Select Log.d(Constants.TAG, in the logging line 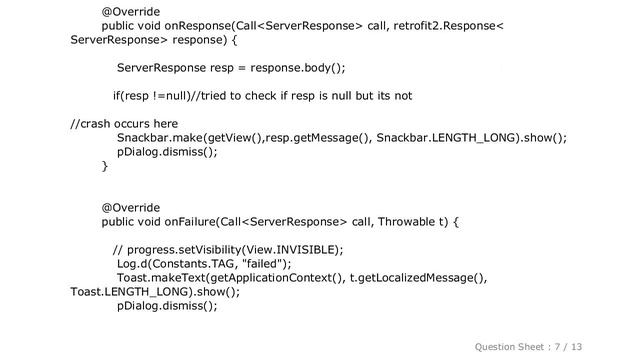[x=177, y=264]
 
